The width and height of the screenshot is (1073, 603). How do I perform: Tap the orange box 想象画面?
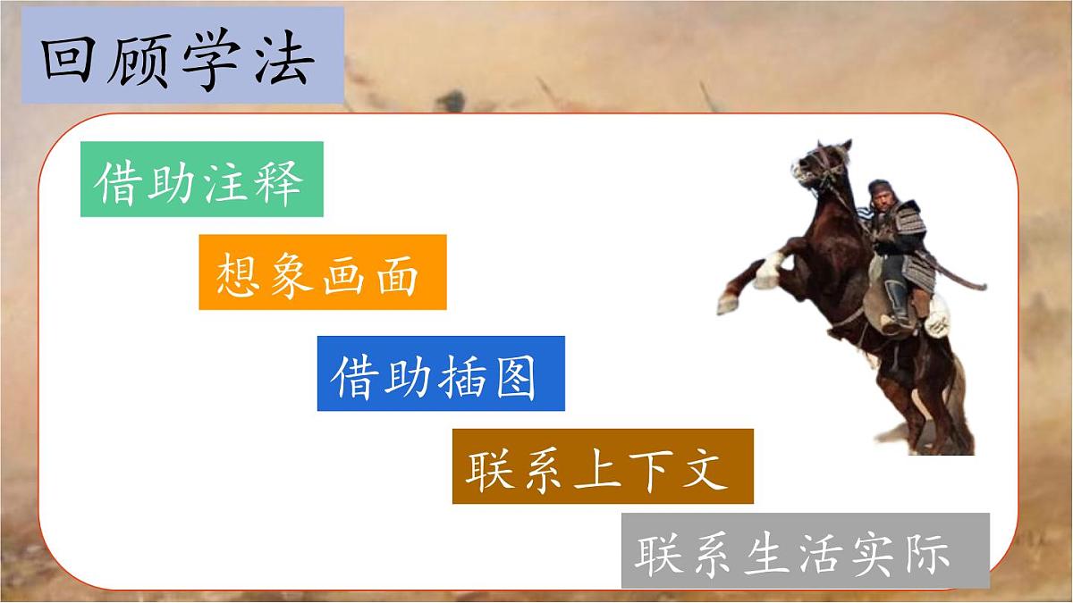point(322,272)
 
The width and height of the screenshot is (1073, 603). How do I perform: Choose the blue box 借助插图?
point(441,373)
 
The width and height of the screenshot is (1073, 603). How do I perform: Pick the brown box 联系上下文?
point(602,466)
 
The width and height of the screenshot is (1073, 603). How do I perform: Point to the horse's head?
point(818,165)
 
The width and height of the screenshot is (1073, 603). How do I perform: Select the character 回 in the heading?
point(73,61)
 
